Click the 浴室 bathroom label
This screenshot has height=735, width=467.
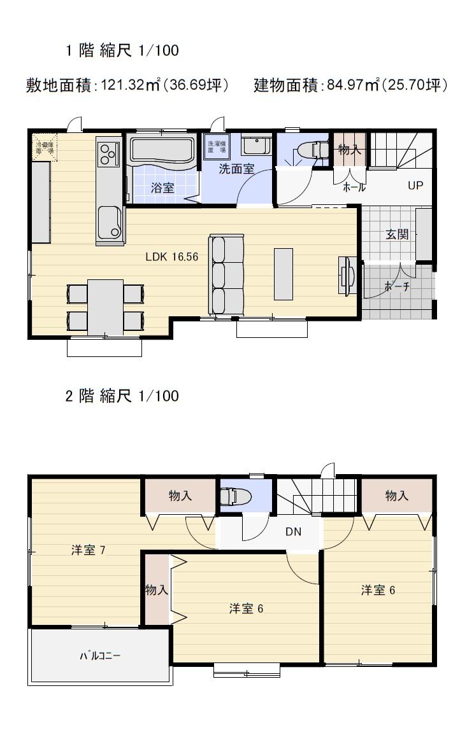point(162,188)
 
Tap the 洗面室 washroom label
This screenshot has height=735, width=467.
point(236,169)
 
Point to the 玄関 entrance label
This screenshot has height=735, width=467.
point(397,234)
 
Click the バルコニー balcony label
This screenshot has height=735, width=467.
point(100,655)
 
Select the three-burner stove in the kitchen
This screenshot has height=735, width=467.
point(109,153)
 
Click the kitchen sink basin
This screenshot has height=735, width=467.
point(110,223)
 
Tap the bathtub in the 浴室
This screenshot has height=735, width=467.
point(162,150)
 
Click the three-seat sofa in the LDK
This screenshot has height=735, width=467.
point(227,274)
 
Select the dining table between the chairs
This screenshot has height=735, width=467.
point(105,307)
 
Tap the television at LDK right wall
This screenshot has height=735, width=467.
point(347,275)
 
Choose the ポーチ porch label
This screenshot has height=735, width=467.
point(397,287)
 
